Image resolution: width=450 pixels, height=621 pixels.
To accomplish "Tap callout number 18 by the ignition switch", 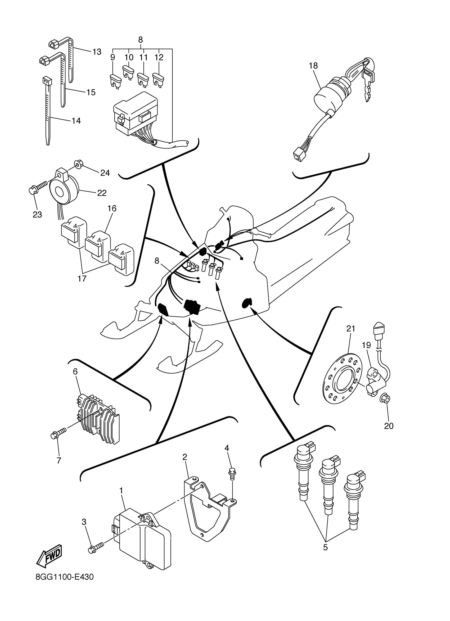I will click(313, 66).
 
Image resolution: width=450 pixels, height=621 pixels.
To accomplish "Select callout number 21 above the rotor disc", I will click(350, 329).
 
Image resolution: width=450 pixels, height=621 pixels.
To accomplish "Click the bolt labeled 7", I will click(58, 434).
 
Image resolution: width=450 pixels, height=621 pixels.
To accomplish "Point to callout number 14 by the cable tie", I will click(76, 120).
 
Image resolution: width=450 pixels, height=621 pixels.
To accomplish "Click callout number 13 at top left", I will click(97, 52).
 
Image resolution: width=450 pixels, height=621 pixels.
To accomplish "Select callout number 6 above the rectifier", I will click(75, 371).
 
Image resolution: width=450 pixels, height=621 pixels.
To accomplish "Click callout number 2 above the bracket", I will click(185, 457).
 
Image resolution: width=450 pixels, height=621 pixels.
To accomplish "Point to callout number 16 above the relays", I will click(112, 209).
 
